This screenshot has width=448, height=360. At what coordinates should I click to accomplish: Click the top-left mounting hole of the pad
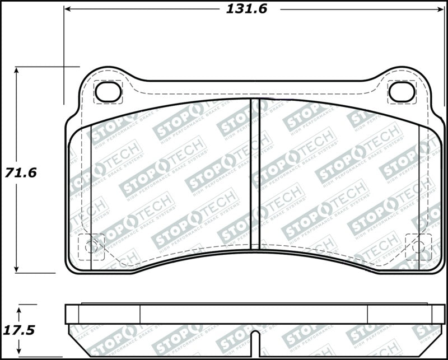108,92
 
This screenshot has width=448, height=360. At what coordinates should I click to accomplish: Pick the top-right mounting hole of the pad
402,92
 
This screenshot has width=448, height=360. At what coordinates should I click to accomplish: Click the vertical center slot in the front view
255,174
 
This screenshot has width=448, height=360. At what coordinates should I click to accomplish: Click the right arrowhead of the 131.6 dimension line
437,10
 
